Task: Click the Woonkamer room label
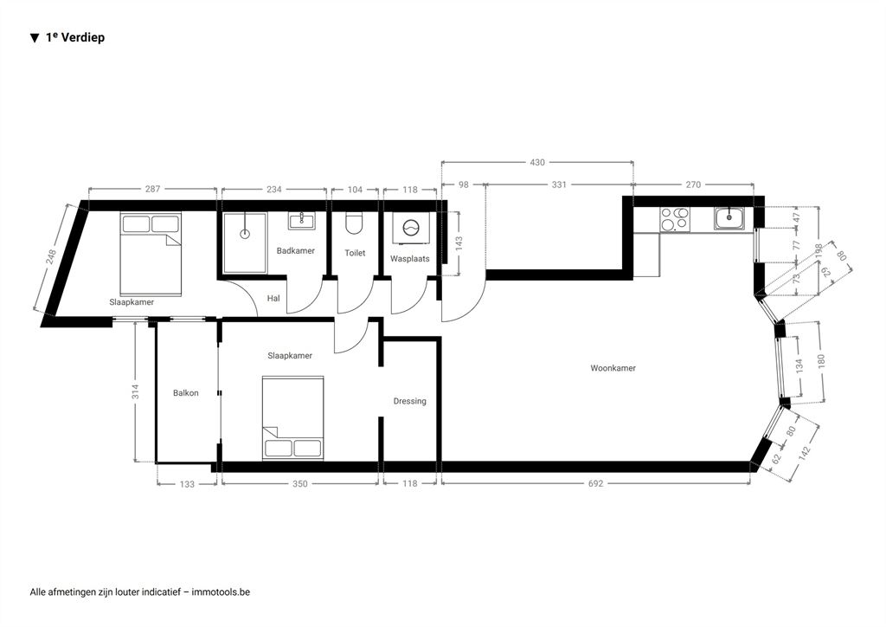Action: pos(613,368)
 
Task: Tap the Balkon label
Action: pos(186,393)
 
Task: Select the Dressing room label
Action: pos(409,402)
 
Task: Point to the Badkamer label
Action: pos(296,250)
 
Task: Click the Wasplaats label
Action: pos(409,259)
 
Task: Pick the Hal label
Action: pos(273,298)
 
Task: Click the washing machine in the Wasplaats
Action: pos(411,229)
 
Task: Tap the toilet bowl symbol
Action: pos(354,224)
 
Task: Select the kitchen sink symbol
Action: pos(729,218)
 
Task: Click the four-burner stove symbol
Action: pos(675,219)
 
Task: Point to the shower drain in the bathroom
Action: pos(245,234)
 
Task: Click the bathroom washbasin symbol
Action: pos(302,221)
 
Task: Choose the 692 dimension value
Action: pos(595,483)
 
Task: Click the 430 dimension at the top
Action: pos(537,162)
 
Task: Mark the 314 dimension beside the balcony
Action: pos(136,391)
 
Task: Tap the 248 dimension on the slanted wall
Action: pos(51,257)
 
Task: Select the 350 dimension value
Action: pos(300,483)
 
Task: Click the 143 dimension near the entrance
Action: pos(459,243)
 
